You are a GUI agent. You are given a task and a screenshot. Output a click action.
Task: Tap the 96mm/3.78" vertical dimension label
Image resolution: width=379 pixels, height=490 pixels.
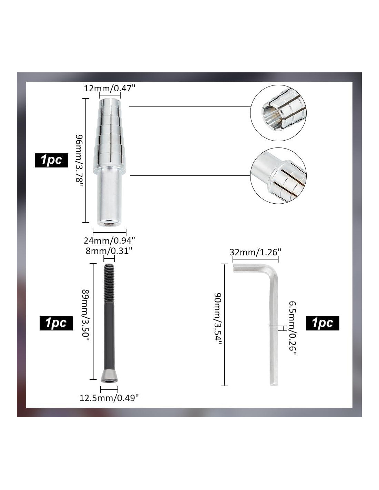pos(79,160)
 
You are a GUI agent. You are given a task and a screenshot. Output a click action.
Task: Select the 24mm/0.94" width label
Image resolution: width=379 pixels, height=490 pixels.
pos(109,241)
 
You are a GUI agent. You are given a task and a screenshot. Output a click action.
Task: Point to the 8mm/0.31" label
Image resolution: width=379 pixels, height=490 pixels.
pos(109,251)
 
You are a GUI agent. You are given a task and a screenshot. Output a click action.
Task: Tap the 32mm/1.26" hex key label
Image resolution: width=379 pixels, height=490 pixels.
pos(255,252)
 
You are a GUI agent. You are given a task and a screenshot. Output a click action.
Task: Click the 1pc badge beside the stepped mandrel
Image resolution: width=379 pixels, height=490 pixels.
pos(52,160)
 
